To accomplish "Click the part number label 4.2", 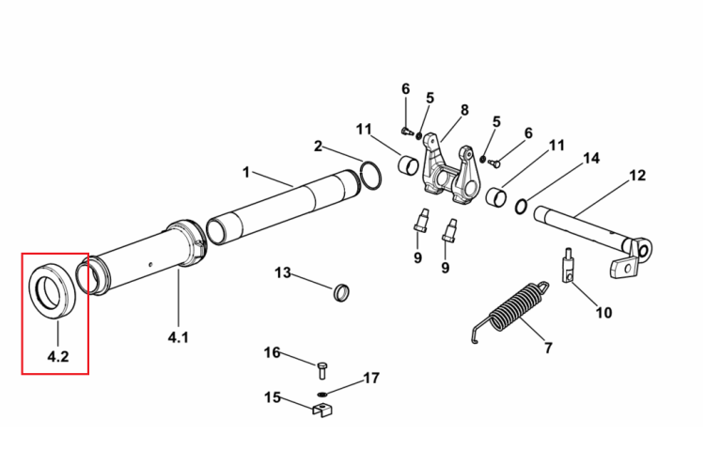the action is (58, 356).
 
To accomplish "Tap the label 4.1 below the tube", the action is (178, 336).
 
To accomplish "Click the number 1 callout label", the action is (245, 172).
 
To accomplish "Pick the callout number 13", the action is (283, 272).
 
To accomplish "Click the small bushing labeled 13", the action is (342, 293).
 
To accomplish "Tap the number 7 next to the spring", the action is (548, 348).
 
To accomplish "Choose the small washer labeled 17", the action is (321, 395).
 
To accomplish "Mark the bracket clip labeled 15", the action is (322, 410).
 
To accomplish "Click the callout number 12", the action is (636, 175).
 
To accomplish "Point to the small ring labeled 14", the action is (521, 207).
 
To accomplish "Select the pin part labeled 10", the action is (568, 266).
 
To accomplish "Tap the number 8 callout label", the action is (464, 110).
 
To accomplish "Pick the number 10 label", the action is (603, 312).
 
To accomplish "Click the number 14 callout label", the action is (591, 158).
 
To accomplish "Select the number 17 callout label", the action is (371, 378).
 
